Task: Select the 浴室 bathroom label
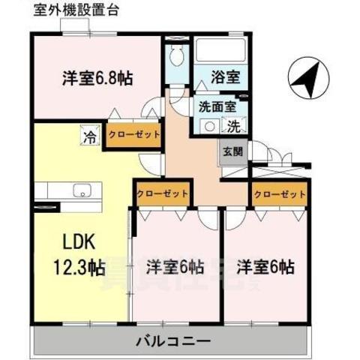[214, 76]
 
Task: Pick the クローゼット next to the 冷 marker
[133, 136]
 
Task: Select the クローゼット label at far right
[280, 193]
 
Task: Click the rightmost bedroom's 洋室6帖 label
[266, 266]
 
